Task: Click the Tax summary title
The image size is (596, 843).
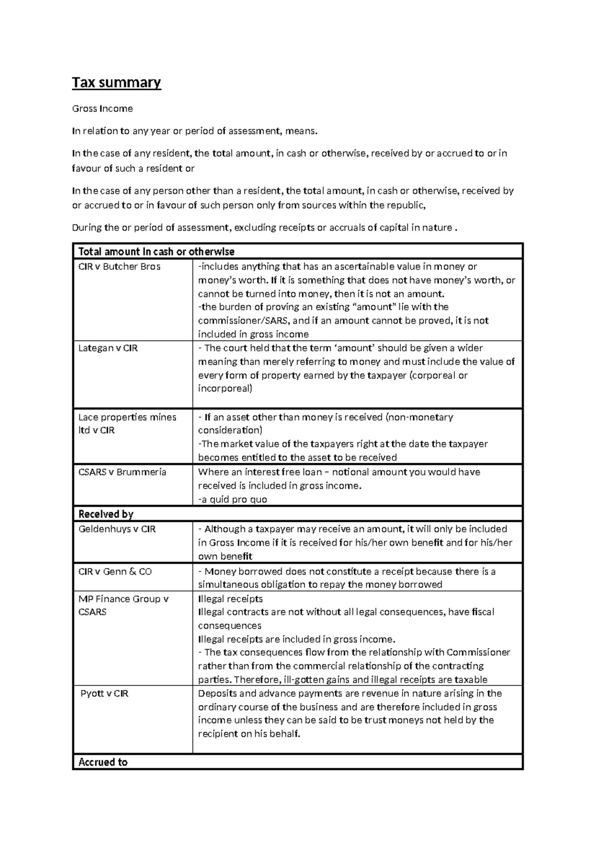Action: pos(116,82)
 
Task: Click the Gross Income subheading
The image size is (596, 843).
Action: pos(102,108)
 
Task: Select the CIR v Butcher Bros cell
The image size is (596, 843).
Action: pos(119,266)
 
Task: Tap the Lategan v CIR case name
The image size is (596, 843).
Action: pos(108,348)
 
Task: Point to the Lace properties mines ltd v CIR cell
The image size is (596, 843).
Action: pos(127,423)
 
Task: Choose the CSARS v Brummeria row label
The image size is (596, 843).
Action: pos(122,472)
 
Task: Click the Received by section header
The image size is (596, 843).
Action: pos(106,514)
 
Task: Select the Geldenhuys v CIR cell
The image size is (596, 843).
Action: pos(117,529)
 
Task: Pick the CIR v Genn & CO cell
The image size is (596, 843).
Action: pos(115,572)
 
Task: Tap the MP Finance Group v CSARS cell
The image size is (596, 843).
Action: pos(123,605)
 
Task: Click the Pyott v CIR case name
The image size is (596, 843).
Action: pos(104,693)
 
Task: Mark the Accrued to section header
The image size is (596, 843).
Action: pos(103,762)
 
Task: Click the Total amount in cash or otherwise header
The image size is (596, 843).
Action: pos(156,252)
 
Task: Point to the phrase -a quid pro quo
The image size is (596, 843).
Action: pos(232,500)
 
